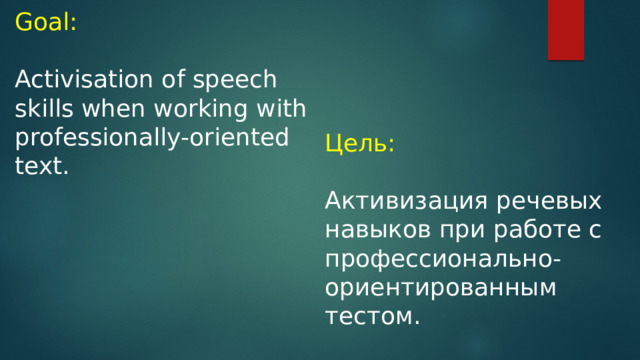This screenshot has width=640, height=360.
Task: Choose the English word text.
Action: coord(42,165)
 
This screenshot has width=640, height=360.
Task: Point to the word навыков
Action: coord(377,230)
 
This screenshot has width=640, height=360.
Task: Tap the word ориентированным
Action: coord(440,288)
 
